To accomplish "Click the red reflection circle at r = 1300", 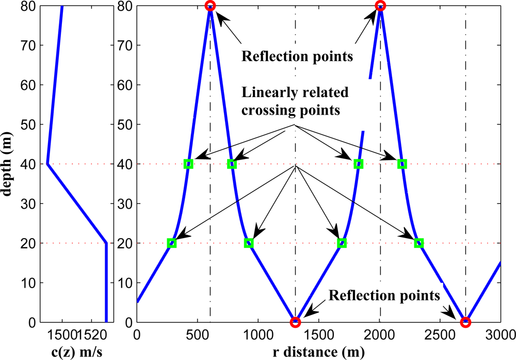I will point(295,322).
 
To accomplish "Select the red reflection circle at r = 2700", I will point(465,322).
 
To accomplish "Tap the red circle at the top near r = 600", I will point(210,6).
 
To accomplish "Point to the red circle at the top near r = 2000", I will point(380,6).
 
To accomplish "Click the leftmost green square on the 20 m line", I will point(172,243).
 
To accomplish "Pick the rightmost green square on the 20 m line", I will point(419,243).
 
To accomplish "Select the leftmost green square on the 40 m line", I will point(189,164).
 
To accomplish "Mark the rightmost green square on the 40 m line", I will point(402,164).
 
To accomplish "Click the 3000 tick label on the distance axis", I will point(501,335).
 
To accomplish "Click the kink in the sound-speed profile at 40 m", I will point(47,164).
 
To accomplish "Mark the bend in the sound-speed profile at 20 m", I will point(106,243).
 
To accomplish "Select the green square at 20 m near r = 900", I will point(249,243).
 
